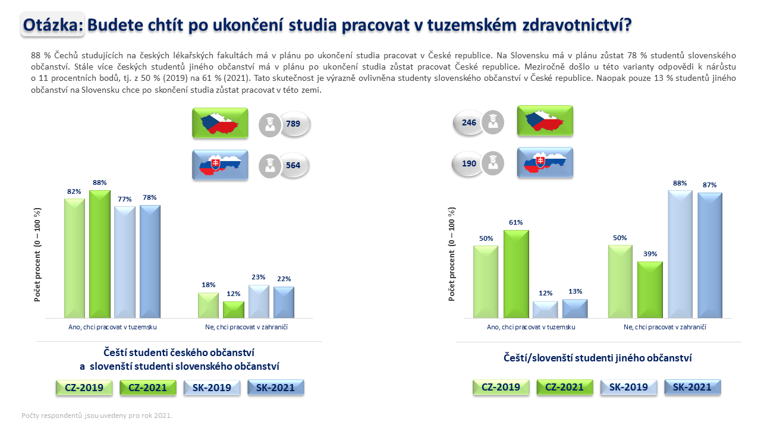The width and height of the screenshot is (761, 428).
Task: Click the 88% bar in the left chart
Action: (100, 254)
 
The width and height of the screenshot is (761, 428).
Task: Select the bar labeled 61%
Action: (516, 274)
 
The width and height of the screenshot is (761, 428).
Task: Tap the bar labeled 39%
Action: (650, 289)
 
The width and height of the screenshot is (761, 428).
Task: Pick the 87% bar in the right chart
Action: (710, 256)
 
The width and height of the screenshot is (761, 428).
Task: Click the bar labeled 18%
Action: (208, 306)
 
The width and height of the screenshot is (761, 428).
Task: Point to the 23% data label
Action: (259, 277)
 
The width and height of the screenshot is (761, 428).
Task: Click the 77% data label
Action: (125, 199)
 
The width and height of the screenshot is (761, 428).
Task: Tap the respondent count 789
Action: (293, 124)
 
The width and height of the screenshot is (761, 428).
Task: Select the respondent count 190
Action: (469, 163)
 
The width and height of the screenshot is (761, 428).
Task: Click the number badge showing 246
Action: (469, 122)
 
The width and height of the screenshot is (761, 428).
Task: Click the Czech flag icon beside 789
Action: (220, 123)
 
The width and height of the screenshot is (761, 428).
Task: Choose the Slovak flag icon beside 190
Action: (545, 162)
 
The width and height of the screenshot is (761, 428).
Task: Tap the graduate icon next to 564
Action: (270, 166)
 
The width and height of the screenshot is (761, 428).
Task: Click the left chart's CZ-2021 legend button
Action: (148, 388)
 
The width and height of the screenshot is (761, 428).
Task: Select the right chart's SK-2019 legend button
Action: (628, 387)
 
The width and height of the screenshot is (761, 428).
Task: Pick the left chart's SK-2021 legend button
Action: (275, 388)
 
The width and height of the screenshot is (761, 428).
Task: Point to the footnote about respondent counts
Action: (97, 416)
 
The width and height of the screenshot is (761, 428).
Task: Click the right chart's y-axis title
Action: (451, 254)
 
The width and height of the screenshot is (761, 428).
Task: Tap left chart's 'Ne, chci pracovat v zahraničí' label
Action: (246, 327)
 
